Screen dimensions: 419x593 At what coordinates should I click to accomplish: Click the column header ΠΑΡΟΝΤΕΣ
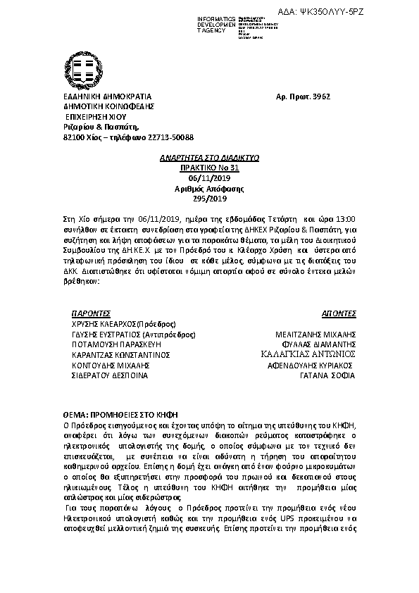tap(92, 311)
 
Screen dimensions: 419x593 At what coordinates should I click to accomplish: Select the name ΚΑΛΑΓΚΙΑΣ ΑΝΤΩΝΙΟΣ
tap(308, 355)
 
